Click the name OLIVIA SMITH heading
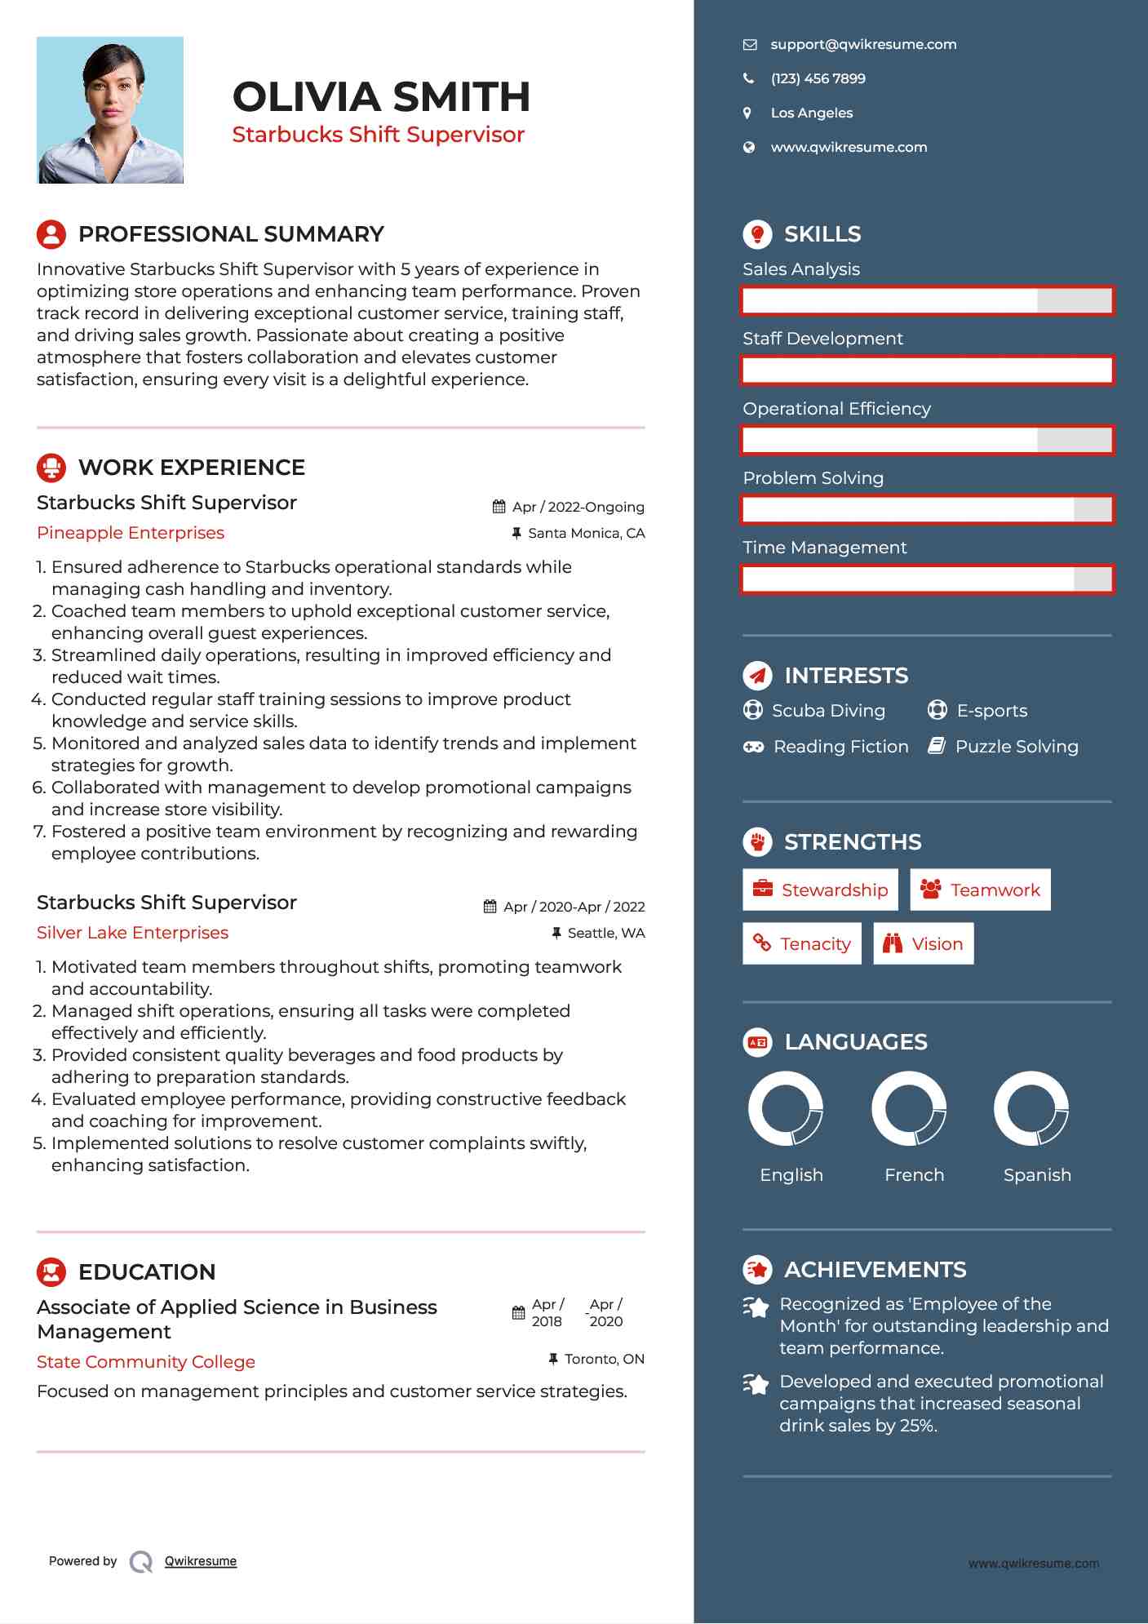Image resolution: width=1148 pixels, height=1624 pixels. tap(381, 96)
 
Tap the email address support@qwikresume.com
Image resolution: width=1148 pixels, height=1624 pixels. tap(862, 44)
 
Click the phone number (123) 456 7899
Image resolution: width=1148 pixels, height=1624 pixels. tap(818, 78)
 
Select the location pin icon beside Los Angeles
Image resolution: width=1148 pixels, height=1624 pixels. tap(747, 113)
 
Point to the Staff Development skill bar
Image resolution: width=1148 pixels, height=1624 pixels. tap(927, 371)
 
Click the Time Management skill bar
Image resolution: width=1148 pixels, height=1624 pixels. tap(927, 579)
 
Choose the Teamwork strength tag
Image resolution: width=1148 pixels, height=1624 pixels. tap(980, 890)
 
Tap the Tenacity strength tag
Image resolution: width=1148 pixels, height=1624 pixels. tap(801, 943)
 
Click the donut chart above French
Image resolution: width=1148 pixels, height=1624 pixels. tap(909, 1108)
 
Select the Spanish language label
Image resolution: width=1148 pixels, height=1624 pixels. tap(1036, 1174)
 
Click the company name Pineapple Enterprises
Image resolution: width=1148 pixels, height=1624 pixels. tap(131, 533)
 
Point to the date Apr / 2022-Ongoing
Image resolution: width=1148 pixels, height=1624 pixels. tap(578, 507)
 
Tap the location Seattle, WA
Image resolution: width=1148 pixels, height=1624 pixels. tap(605, 933)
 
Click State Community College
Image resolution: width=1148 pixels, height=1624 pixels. tap(146, 1362)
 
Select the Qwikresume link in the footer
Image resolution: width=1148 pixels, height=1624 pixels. tap(201, 1561)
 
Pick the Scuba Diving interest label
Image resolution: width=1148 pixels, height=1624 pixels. tap(828, 711)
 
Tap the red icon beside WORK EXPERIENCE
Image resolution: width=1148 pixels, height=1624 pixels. tap(51, 468)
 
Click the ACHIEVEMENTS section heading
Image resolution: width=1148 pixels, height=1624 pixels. tap(875, 1270)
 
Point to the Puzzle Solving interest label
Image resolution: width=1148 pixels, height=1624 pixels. tap(1016, 747)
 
